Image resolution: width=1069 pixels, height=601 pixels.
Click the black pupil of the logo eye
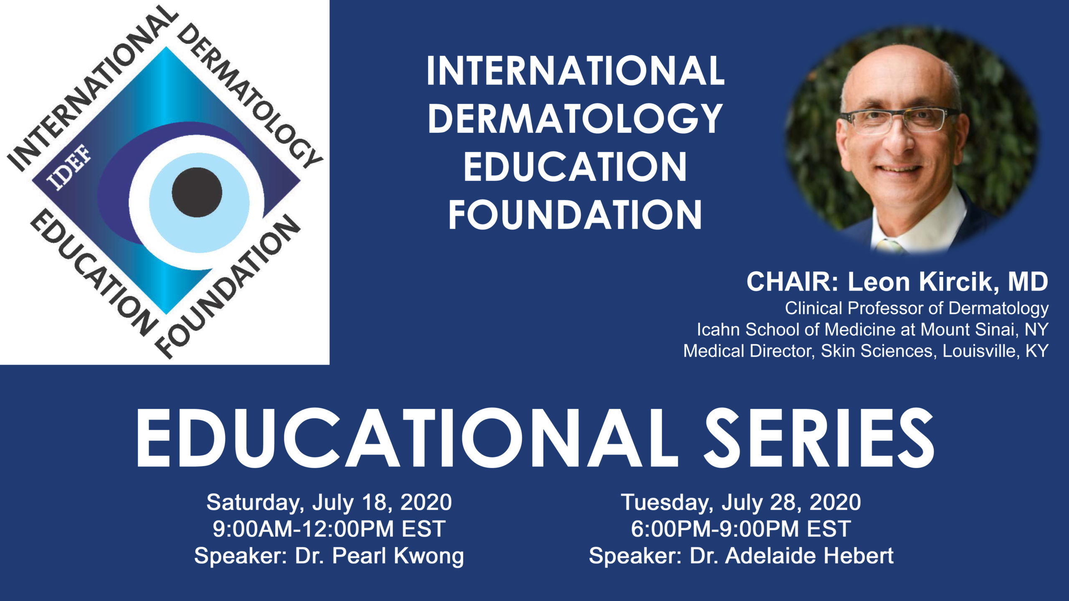click(x=197, y=192)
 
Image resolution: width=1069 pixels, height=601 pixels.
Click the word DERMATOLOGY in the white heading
click(x=575, y=119)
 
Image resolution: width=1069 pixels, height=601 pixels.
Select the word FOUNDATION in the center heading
click(x=575, y=215)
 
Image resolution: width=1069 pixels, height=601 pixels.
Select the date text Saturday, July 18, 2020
click(x=329, y=502)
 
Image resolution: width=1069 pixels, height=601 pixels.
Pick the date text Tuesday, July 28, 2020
click(x=741, y=502)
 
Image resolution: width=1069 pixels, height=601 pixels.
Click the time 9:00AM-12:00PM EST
click(x=329, y=529)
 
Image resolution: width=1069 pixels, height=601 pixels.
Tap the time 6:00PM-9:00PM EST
click(x=741, y=529)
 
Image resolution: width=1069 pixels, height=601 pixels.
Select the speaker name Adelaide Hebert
click(x=809, y=556)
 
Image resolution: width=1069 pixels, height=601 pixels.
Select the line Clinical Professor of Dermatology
click(x=917, y=309)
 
